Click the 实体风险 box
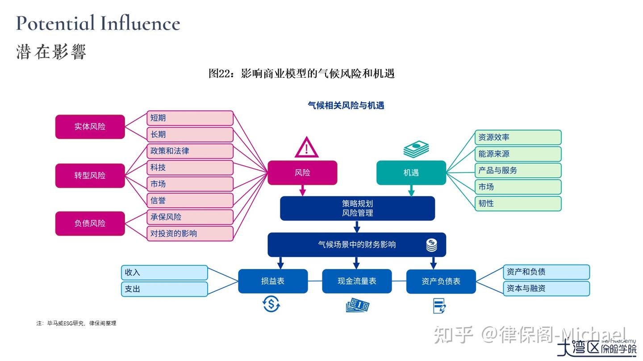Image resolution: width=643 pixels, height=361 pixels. click(90, 126)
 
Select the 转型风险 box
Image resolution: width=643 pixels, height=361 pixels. click(90, 175)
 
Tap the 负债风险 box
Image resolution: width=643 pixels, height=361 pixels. click(90, 223)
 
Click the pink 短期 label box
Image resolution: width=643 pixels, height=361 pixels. click(190, 118)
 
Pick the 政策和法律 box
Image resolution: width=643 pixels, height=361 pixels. click(190, 151)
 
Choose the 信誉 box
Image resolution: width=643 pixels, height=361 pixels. click(190, 200)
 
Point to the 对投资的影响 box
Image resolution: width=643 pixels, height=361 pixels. click(190, 233)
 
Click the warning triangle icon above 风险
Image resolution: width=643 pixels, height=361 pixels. click(306, 148)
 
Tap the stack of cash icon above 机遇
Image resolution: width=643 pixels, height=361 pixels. click(416, 149)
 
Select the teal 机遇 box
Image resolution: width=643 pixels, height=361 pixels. click(411, 172)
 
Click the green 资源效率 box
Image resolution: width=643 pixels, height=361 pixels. click(517, 137)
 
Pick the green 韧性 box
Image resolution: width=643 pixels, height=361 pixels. click(517, 203)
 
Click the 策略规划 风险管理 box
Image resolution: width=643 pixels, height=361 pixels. click(357, 208)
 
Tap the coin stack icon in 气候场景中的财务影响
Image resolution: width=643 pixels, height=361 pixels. click(431, 245)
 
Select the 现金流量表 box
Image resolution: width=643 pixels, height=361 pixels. click(357, 281)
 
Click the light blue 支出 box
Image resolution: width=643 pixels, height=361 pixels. click(164, 289)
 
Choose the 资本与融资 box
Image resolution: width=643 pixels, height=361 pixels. click(546, 288)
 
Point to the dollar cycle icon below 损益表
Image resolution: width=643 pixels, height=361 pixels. click(271, 304)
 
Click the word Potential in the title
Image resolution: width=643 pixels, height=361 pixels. click(55, 23)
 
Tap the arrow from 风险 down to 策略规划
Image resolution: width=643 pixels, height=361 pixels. click(302, 190)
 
